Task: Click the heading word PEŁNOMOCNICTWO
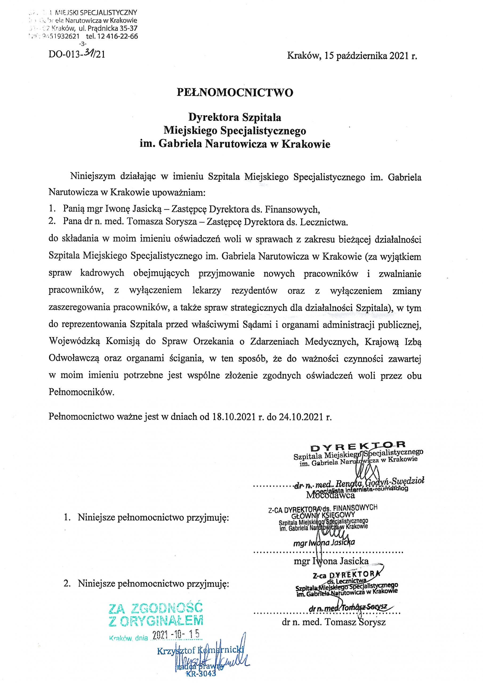[x=235, y=93]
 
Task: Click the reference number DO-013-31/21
[x=77, y=55]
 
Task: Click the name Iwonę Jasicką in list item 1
[x=133, y=209]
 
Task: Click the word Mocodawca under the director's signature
[x=331, y=495]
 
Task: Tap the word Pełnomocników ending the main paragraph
[x=81, y=392]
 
